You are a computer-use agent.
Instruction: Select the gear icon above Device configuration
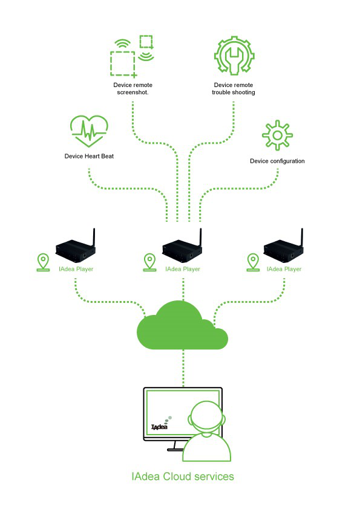click(x=277, y=135)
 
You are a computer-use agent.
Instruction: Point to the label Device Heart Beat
click(x=89, y=156)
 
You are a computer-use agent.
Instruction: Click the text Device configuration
click(x=277, y=161)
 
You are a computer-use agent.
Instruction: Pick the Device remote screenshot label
click(x=133, y=89)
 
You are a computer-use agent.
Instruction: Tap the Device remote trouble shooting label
click(x=234, y=89)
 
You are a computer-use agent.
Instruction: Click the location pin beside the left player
click(x=43, y=262)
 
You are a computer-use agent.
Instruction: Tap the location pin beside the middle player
click(x=149, y=262)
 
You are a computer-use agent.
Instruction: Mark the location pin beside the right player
click(x=253, y=262)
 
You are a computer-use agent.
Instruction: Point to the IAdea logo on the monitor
click(x=161, y=423)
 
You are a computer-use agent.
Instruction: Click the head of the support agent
click(x=207, y=417)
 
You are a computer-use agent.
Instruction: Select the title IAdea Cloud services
click(x=183, y=476)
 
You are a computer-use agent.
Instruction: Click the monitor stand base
click(x=176, y=450)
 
